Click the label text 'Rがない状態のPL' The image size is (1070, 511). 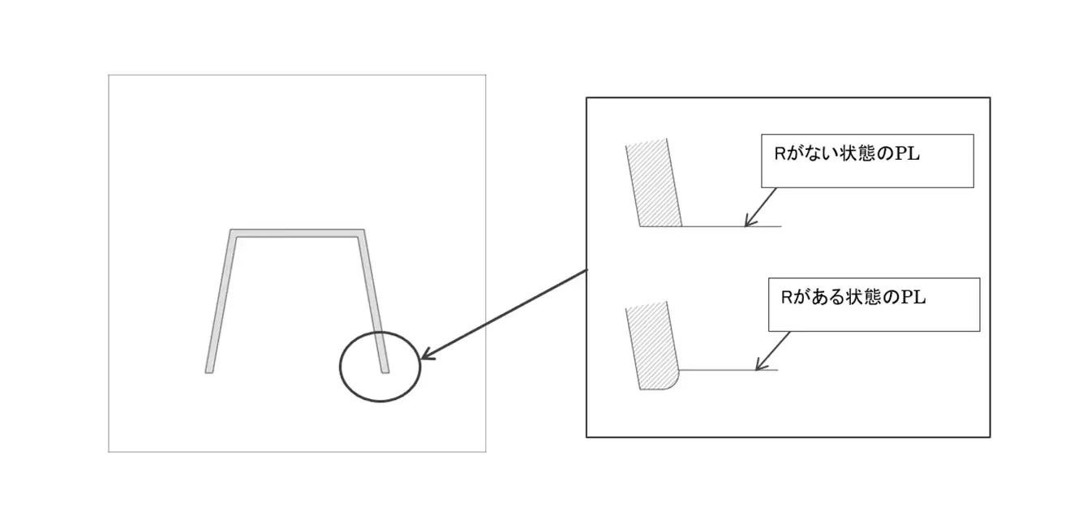pyautogui.click(x=846, y=154)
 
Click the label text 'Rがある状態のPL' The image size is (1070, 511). pyautogui.click(x=853, y=298)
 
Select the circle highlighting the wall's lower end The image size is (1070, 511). pyautogui.click(x=340, y=367)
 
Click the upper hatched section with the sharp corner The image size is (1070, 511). pyautogui.click(x=654, y=183)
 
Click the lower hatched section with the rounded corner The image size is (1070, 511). pyautogui.click(x=652, y=346)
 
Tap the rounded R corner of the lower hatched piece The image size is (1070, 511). pyautogui.click(x=673, y=384)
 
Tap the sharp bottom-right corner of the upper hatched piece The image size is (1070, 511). pyautogui.click(x=682, y=226)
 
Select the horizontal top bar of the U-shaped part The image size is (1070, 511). pyautogui.click(x=297, y=234)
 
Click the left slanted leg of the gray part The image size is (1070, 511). pyautogui.click(x=221, y=301)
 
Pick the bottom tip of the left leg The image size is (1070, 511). pyautogui.click(x=208, y=372)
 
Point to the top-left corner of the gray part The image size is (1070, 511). pyautogui.click(x=230, y=230)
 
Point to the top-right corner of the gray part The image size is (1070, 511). pyautogui.click(x=364, y=230)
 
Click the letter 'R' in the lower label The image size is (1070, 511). pyautogui.click(x=786, y=298)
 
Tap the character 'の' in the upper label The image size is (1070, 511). pyautogui.click(x=885, y=154)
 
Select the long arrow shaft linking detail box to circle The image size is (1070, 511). pyautogui.click(x=504, y=314)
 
